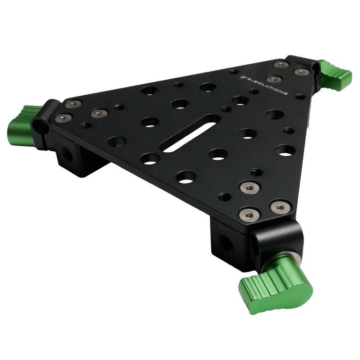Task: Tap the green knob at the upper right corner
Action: [x=336, y=75]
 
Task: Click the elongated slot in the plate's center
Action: [x=189, y=134]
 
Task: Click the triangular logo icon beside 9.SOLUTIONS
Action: [x=242, y=77]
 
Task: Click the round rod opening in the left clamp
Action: [x=41, y=127]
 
